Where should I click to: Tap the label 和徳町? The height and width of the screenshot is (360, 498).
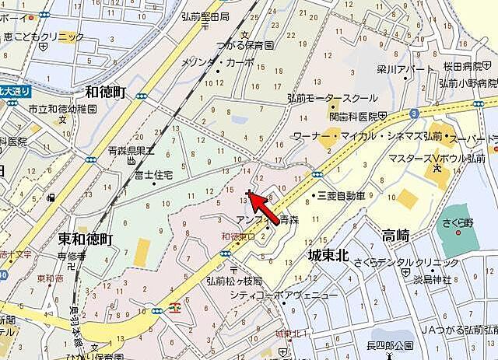pyautogui.click(x=106, y=93)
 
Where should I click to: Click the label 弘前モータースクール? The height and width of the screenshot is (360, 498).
pyautogui.click(x=331, y=98)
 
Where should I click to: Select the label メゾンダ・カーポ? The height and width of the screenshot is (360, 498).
pyautogui.click(x=217, y=62)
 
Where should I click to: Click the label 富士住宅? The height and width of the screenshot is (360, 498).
pyautogui.click(x=153, y=177)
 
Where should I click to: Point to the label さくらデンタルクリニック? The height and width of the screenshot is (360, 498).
pyautogui.click(x=393, y=262)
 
